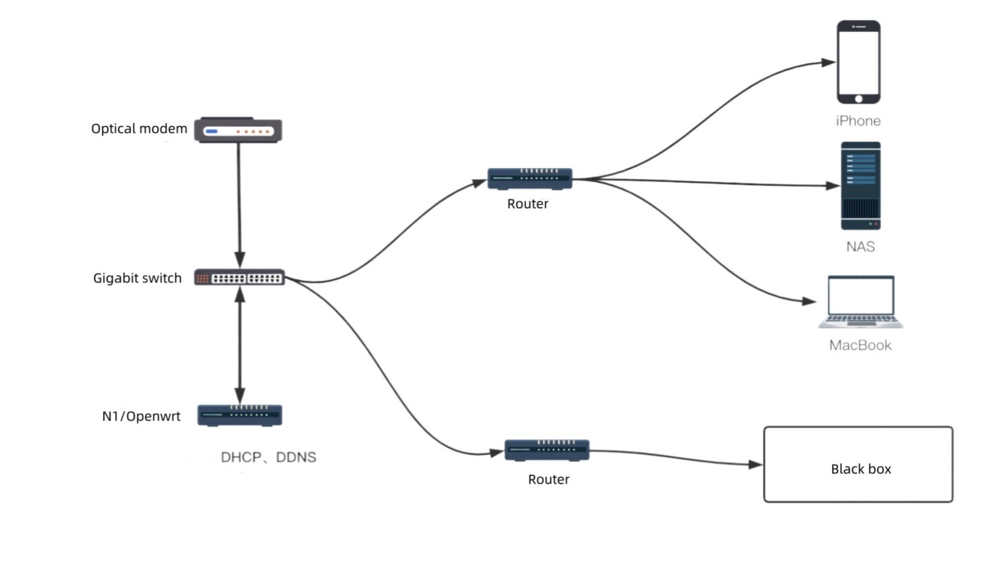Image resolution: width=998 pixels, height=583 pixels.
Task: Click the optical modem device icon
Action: pos(238,131)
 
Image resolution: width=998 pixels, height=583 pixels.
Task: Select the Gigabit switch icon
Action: pos(239,278)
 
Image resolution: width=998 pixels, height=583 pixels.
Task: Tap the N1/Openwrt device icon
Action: pos(239,415)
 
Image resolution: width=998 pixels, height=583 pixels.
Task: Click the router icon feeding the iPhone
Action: pos(530,178)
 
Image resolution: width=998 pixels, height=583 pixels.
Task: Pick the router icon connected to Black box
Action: pos(547,450)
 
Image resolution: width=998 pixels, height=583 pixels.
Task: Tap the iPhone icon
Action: pos(858,62)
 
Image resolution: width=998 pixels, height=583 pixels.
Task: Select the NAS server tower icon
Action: pos(861,186)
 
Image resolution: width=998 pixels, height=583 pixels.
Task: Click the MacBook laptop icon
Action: pos(861,302)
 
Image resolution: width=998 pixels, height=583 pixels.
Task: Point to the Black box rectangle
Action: pos(858,464)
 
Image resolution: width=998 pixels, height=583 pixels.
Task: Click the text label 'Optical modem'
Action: pos(139,129)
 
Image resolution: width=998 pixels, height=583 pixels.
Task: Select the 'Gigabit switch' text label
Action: pos(137,278)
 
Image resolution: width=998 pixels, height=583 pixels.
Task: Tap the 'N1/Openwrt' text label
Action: pos(141,416)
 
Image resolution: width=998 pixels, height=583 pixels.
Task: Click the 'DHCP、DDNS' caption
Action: pos(268,457)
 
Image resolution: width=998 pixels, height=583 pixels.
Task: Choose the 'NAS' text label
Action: pos(860,247)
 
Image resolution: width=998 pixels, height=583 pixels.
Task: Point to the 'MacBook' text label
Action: pos(860,345)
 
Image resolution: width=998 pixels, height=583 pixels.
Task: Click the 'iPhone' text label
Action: pos(858,121)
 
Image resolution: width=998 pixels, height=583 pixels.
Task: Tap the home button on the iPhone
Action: pos(858,99)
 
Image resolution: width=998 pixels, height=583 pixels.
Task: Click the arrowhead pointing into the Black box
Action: pos(756,464)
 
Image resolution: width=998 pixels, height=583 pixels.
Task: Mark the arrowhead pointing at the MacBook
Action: pos(809,301)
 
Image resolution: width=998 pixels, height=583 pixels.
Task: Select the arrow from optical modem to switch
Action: pos(239,201)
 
